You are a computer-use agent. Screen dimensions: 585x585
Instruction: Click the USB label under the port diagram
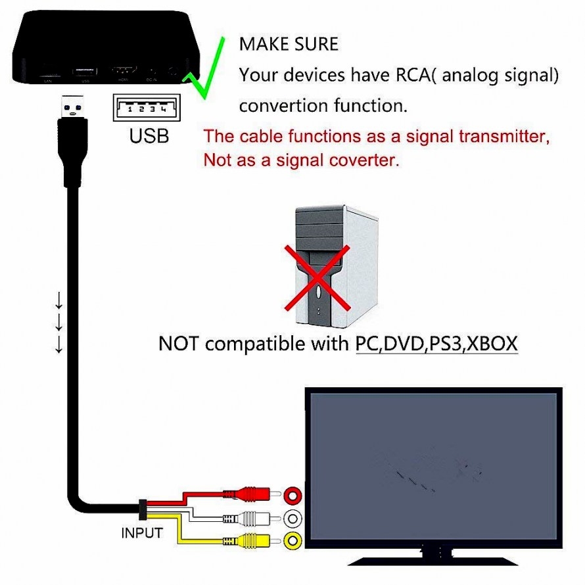click(149, 136)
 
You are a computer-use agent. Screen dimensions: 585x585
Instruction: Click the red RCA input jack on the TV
click(293, 494)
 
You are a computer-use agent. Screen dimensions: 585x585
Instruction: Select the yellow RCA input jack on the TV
click(293, 541)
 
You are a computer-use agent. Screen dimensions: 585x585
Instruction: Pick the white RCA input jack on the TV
click(293, 518)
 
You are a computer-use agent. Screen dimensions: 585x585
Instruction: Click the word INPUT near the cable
click(141, 532)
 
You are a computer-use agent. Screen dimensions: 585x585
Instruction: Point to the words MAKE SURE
click(289, 45)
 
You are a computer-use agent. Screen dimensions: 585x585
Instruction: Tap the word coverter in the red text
click(362, 160)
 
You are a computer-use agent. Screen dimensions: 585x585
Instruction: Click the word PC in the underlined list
click(366, 343)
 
